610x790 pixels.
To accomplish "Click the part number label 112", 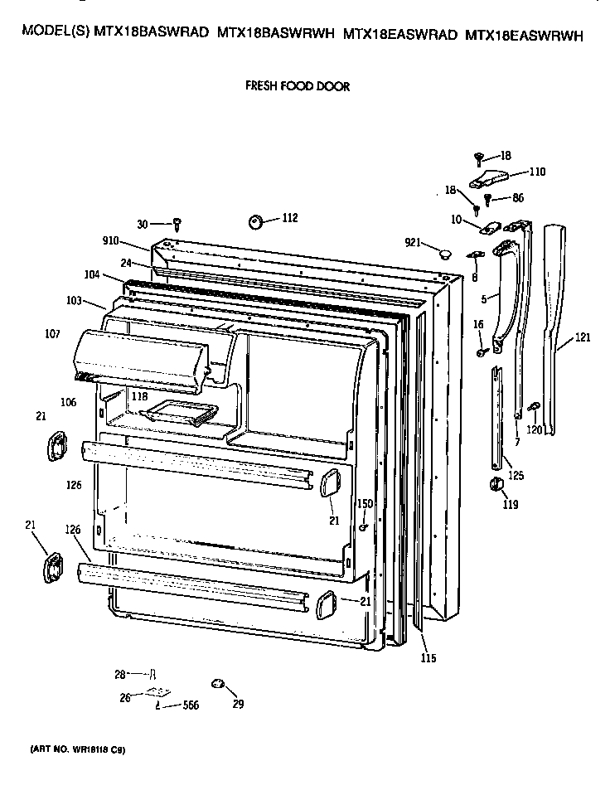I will (x=289, y=218).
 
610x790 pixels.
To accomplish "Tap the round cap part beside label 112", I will (x=256, y=221).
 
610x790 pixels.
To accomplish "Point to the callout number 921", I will (x=414, y=242).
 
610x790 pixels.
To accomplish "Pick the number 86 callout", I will (x=518, y=198).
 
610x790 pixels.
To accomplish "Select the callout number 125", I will (x=516, y=476).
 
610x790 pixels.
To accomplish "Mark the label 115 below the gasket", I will (x=428, y=658).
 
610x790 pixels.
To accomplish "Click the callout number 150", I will (x=365, y=504).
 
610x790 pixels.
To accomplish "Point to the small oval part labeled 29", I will (x=219, y=681).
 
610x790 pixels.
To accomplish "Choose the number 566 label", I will (x=191, y=705).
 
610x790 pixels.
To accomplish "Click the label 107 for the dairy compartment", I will (x=52, y=335).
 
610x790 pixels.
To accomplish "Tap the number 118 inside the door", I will (x=138, y=397).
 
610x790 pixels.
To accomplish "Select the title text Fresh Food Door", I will (x=297, y=85).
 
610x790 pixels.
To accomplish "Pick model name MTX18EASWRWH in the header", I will (x=525, y=35).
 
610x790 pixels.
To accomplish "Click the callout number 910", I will (x=111, y=241).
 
